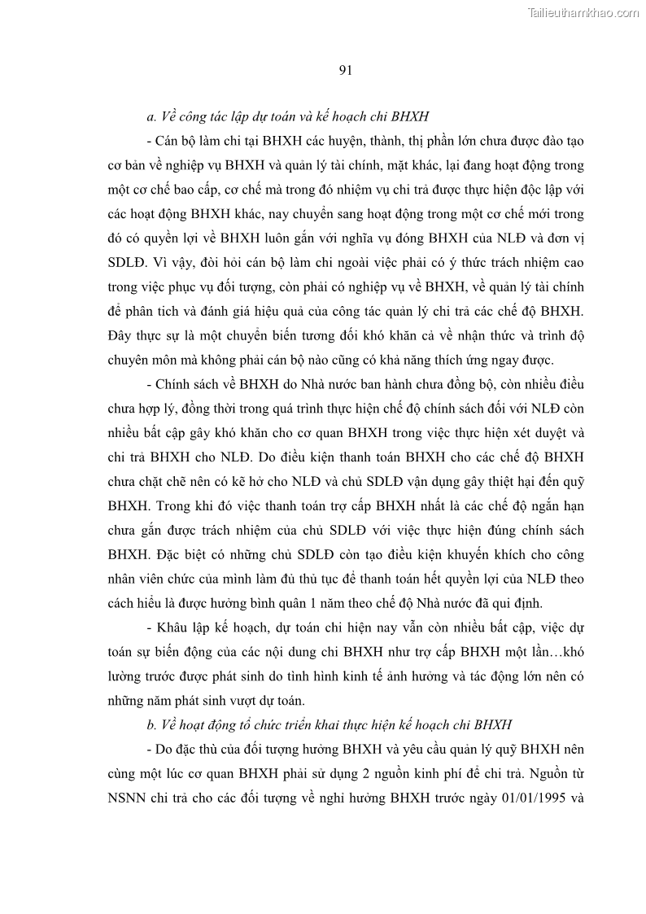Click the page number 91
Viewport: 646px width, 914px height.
(344, 70)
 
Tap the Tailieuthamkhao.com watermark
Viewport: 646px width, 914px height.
(583, 12)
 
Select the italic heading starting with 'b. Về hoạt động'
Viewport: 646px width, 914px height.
(329, 723)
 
